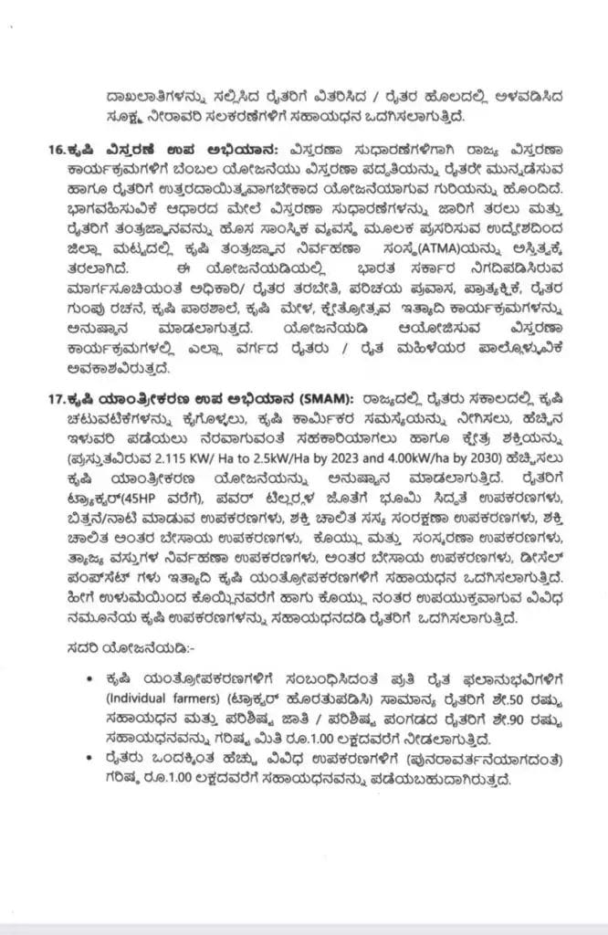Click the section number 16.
(63, 149)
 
